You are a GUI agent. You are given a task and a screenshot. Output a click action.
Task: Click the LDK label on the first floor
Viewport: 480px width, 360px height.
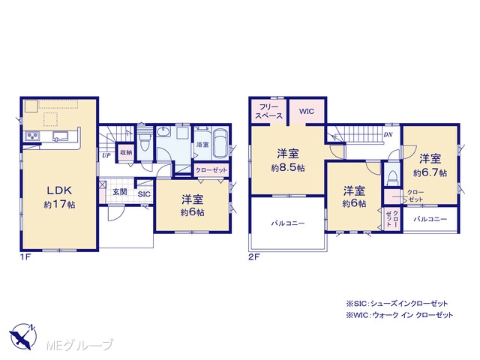[x=59, y=190]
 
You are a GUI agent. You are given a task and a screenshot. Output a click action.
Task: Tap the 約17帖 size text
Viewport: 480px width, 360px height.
[x=59, y=204]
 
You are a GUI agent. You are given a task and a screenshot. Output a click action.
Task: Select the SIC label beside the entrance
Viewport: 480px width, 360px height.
[x=144, y=194]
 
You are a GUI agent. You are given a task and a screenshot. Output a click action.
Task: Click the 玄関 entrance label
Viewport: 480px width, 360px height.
[x=120, y=192]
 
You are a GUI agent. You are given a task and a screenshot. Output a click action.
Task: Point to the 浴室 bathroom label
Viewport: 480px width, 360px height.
[x=202, y=145]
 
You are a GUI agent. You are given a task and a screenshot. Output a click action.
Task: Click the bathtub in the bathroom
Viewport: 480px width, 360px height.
[x=220, y=142]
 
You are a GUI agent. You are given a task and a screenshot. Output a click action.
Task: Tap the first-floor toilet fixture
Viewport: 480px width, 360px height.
[x=144, y=142]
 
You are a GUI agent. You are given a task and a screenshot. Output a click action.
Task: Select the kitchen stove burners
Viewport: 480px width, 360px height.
[x=32, y=136]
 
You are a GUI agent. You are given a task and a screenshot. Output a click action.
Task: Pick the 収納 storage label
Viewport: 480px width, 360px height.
[x=126, y=152]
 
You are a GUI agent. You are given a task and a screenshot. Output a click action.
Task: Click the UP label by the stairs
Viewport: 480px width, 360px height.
[x=106, y=155]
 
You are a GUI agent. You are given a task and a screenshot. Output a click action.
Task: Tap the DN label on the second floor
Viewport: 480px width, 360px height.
[x=388, y=135]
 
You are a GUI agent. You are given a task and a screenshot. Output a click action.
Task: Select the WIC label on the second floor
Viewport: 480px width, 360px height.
[x=307, y=111]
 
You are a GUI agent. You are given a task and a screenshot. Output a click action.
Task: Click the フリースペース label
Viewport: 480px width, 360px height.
[x=268, y=112]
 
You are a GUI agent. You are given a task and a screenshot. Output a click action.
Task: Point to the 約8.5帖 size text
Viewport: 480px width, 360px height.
[x=288, y=168]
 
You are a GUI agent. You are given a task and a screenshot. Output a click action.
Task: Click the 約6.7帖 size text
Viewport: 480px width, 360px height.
[x=430, y=173]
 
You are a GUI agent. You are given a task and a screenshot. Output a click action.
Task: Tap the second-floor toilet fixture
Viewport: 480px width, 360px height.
[x=391, y=178]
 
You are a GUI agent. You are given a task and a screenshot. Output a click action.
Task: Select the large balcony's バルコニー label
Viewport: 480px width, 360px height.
[x=288, y=223]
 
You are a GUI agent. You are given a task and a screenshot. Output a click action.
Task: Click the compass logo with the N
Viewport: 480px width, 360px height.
[x=23, y=337]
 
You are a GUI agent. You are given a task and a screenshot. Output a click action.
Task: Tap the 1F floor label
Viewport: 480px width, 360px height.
[x=25, y=257]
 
